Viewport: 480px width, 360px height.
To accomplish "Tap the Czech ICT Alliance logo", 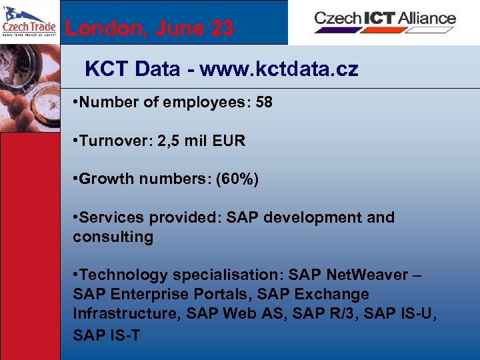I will (x=385, y=19).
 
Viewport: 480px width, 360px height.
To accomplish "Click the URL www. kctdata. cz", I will (x=279, y=69).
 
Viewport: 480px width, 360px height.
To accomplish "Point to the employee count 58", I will (x=263, y=103).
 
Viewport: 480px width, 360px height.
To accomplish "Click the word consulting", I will (x=113, y=237).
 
